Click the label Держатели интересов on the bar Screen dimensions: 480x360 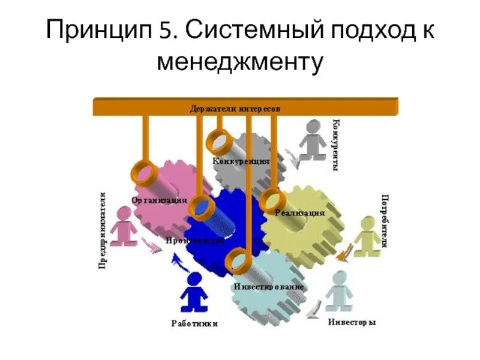click(235, 109)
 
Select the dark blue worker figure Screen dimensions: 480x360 click(194, 294)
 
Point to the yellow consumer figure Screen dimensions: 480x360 click(366, 237)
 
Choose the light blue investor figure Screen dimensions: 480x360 click(339, 291)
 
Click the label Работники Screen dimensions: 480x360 click(194, 323)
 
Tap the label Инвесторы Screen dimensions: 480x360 click(352, 322)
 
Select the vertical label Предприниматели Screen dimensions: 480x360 click(103, 230)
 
